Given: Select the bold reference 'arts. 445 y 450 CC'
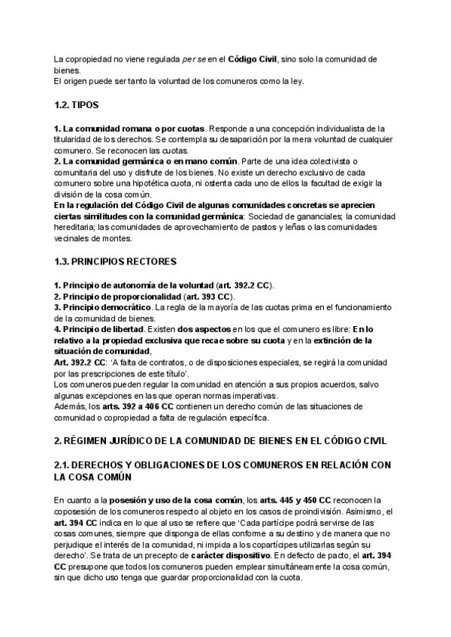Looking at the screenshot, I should [295, 500].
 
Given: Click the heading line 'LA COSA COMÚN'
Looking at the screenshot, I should [94, 476].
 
